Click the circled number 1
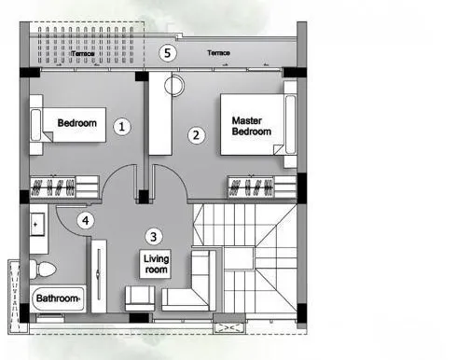point(121,124)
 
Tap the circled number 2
point(196,134)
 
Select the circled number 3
point(155,236)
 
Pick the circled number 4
point(86,221)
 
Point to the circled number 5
point(167,53)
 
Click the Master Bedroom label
point(252,125)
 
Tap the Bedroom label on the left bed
point(78,123)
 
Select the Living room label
point(156,263)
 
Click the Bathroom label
point(57,299)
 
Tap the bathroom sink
point(39,226)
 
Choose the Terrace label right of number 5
point(219,53)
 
